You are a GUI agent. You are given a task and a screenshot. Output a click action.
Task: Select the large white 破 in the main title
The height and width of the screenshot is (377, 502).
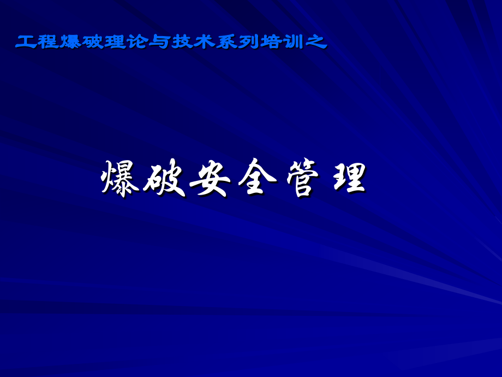click(166, 179)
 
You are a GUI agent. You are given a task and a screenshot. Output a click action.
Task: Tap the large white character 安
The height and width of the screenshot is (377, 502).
click(211, 179)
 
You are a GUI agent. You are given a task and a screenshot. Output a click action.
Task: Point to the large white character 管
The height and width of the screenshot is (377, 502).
click(301, 179)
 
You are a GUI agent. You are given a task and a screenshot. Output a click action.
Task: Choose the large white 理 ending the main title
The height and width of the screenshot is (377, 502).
click(346, 179)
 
